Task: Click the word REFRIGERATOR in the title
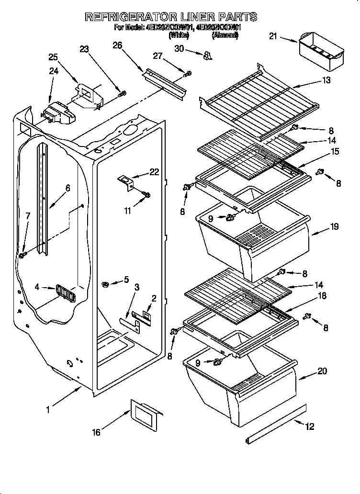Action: (131, 17)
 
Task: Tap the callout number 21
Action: (273, 36)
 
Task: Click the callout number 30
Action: (179, 48)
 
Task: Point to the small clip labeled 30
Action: (207, 56)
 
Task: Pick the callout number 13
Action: (327, 80)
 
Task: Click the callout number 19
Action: (334, 227)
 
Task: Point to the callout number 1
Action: (48, 409)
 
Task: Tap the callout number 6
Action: (67, 188)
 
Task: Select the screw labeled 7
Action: (22, 256)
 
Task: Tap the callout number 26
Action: (117, 45)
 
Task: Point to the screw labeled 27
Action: (188, 73)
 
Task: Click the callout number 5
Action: (126, 279)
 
